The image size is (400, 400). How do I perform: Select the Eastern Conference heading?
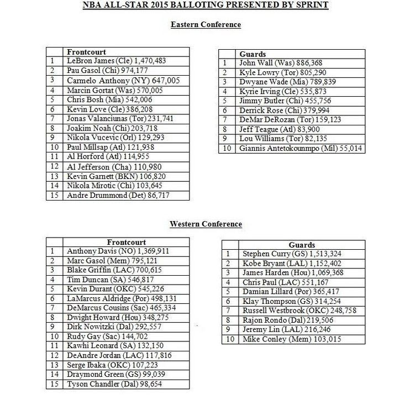[x=206, y=25]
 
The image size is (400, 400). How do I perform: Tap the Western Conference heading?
[x=206, y=224]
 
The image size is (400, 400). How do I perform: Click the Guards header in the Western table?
[x=302, y=245]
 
